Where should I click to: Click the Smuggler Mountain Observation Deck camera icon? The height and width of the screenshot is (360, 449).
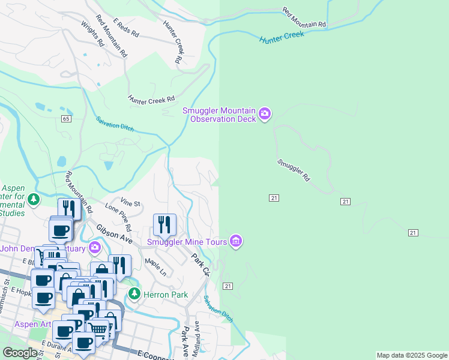point(265,113)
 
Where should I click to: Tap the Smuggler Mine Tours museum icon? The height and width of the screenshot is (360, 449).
point(236,241)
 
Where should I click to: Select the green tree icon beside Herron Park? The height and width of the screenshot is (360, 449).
point(134,294)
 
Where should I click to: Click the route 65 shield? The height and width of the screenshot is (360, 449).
point(65,119)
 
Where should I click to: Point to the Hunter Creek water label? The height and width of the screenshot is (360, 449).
point(282,37)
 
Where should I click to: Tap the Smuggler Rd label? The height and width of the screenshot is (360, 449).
point(294,170)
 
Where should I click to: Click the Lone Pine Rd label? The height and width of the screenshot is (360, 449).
point(118,217)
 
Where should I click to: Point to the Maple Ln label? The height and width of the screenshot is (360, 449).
point(155,268)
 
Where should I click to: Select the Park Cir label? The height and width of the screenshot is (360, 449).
point(200,264)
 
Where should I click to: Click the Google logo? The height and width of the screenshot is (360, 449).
point(20,353)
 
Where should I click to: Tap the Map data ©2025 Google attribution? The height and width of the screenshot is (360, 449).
point(412,355)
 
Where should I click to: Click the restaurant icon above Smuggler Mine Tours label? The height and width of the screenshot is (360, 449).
point(164,225)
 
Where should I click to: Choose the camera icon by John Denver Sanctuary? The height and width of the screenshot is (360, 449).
point(95,247)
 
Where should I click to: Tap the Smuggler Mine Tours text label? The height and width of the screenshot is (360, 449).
point(187,242)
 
